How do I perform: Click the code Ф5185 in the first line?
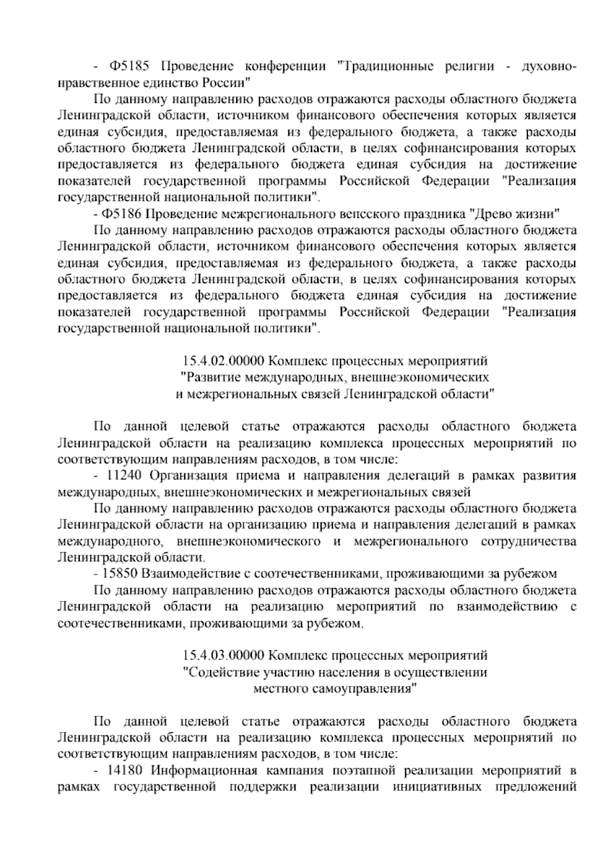click(x=127, y=67)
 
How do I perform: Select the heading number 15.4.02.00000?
click(x=223, y=361)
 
